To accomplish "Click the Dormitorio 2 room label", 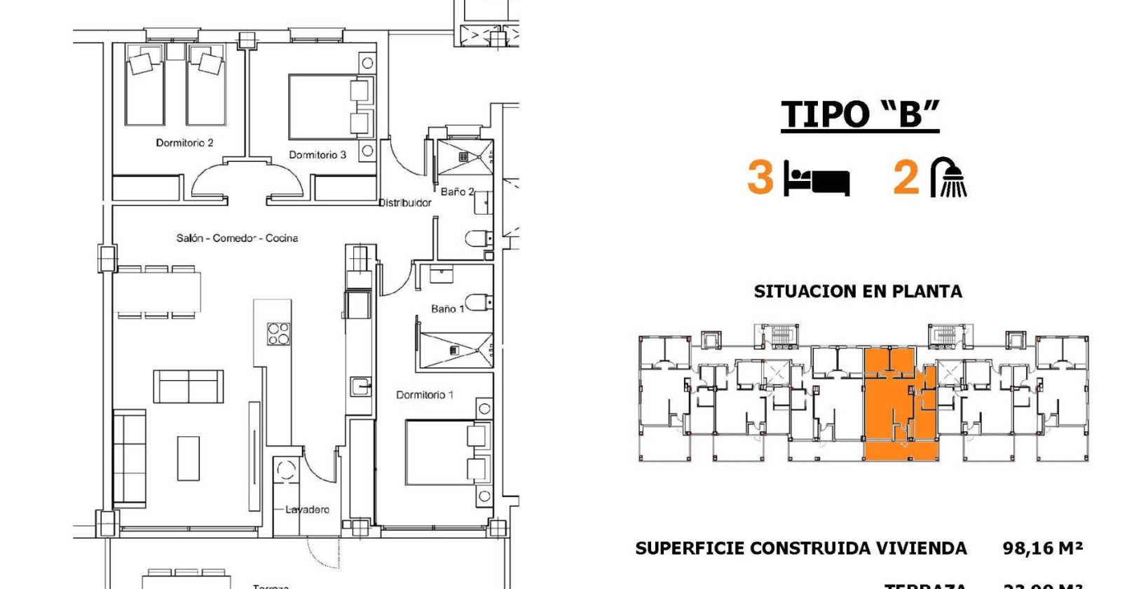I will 184,142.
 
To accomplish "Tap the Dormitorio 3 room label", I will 317,155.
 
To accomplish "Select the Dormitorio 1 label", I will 424,395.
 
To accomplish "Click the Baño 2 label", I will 457,191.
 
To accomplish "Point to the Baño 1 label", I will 447,309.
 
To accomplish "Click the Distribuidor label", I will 405,203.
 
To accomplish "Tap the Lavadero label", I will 307,510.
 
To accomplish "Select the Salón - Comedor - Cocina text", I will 237,238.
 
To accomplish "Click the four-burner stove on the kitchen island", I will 278,334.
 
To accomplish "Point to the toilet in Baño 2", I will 478,239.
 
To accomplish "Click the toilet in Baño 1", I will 478,303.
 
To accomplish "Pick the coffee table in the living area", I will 188,458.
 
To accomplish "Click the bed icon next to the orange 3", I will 816,179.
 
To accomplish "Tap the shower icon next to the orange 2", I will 949,177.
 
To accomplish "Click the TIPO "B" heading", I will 860,114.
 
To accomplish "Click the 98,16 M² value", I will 1042,548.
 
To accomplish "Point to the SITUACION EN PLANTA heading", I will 858,292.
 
